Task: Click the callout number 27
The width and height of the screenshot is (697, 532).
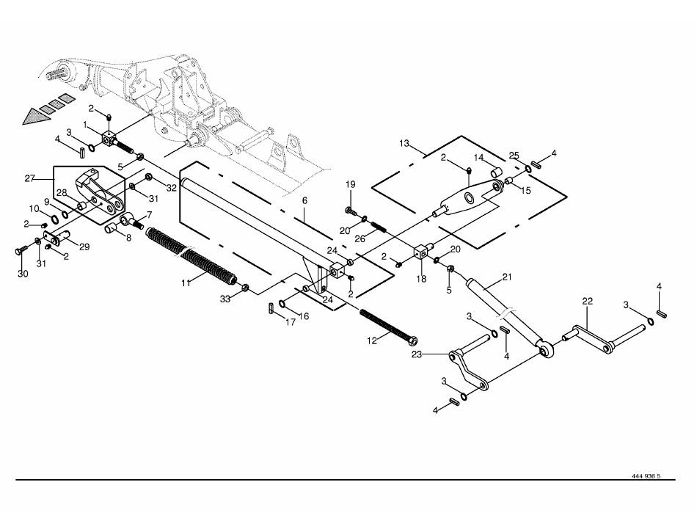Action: pos(30,178)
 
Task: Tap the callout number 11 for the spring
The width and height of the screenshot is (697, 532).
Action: pos(186,283)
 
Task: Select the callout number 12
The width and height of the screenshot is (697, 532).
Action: pos(372,341)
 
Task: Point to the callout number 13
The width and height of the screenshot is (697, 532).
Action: pos(404,144)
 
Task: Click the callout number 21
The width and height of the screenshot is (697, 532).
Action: pos(507,277)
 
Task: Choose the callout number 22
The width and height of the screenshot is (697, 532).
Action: pos(588,301)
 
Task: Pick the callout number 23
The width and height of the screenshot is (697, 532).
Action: pos(417,354)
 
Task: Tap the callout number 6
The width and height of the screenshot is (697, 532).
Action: pos(304,200)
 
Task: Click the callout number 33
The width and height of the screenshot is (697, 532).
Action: pos(225,299)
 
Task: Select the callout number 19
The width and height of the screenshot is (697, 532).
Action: pos(351,184)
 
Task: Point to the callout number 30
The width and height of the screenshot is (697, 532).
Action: pos(23,274)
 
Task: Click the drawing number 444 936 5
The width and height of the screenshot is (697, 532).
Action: pos(646,476)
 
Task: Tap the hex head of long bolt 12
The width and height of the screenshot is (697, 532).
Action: pos(412,341)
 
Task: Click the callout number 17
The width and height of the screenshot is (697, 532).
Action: pos(291,322)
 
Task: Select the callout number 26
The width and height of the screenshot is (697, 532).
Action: pos(360,238)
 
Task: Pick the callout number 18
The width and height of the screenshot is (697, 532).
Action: pos(421,279)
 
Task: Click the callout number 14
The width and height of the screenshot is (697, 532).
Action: pos(478,158)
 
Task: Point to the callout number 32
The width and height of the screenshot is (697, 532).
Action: pos(172,188)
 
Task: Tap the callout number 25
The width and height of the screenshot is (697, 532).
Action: pos(514,155)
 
